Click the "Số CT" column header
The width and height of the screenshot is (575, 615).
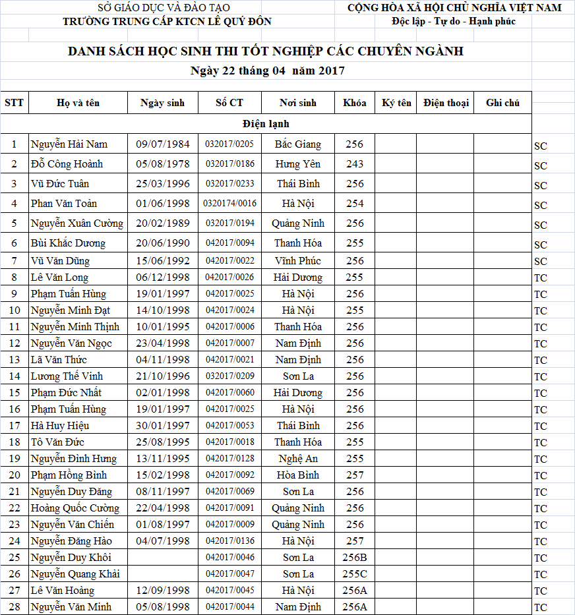229,103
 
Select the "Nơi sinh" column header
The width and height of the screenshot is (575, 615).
298,103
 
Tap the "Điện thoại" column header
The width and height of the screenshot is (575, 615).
446,103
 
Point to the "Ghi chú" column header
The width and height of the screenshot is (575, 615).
502,103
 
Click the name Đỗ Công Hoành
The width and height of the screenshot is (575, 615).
67,164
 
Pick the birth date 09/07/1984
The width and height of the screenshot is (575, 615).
162,144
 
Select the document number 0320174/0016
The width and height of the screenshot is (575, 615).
229,204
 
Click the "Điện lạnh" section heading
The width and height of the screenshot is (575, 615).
266,124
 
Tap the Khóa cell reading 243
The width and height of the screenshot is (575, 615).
355,164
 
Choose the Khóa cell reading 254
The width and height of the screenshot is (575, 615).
355,204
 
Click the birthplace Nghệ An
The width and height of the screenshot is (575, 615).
298,459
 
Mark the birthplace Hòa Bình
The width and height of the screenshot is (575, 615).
298,475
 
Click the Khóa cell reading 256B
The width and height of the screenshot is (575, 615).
355,558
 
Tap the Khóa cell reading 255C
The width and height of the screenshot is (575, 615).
355,574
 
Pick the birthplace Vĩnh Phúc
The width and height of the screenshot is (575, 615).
298,261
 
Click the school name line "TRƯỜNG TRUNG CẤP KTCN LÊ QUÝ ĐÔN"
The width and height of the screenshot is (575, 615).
167,22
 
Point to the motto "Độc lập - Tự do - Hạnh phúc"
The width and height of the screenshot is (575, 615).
453,22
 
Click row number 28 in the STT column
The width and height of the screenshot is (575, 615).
15,607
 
